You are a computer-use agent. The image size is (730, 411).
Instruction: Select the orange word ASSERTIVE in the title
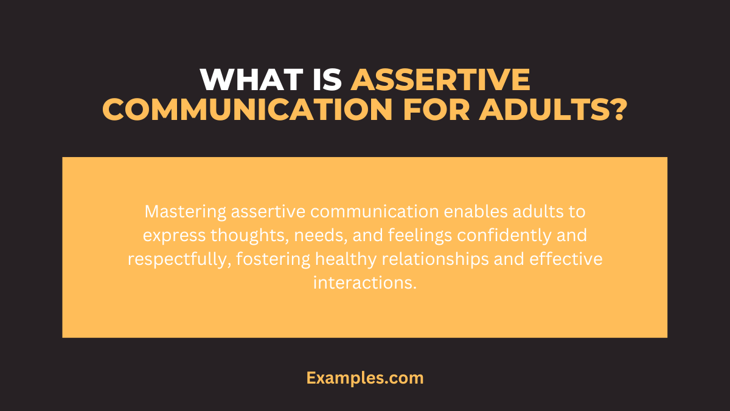(x=440, y=80)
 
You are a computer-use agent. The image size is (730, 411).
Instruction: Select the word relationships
(x=435, y=259)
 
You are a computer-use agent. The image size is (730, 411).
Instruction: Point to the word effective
(x=566, y=259)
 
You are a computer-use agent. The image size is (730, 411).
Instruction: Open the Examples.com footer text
(x=365, y=378)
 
